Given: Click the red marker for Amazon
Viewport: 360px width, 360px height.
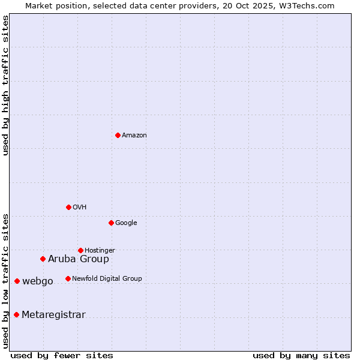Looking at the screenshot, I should click(118, 135).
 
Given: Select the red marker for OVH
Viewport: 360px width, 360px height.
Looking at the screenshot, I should click(68, 207).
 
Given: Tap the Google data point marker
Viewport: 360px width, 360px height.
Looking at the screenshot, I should click(111, 223).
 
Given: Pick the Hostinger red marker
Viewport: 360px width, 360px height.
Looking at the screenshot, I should click(80, 250).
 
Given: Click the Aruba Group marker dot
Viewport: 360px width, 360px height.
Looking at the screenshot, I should click(43, 259).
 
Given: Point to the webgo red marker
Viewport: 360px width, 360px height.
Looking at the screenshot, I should click(17, 281).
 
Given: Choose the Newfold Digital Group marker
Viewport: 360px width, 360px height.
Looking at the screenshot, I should click(68, 278).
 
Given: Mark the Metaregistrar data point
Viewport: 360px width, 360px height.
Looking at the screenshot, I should click(16, 314).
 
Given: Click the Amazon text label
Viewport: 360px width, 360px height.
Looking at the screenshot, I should click(134, 136).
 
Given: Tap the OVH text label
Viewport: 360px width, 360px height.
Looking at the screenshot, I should click(80, 208).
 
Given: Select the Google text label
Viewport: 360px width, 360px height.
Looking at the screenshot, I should click(126, 223).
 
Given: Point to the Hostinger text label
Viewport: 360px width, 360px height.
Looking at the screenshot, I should click(100, 251).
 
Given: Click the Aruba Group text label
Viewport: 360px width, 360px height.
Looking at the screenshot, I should click(79, 259).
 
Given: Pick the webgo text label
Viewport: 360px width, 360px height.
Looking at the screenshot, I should click(38, 281).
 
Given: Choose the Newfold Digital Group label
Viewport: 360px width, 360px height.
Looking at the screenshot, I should click(107, 279).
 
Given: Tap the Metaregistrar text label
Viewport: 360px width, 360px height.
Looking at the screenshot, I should click(53, 315).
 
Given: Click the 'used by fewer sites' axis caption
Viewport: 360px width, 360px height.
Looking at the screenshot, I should click(62, 355).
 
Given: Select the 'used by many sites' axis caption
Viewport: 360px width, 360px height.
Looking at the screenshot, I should click(301, 355).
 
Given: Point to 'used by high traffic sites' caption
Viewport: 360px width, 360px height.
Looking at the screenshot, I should click(5, 85).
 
